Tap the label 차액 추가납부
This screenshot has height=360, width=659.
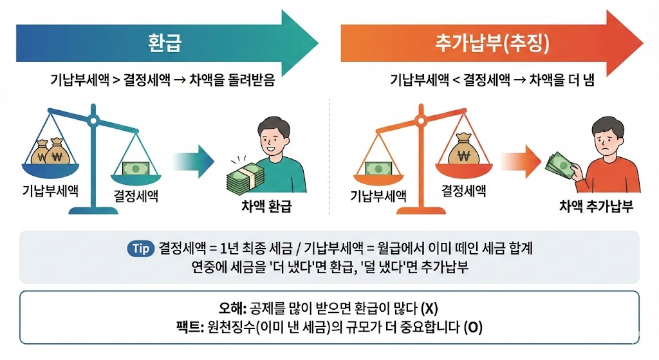pyautogui.click(x=596, y=207)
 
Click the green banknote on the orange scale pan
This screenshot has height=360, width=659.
pyautogui.click(x=380, y=169)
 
